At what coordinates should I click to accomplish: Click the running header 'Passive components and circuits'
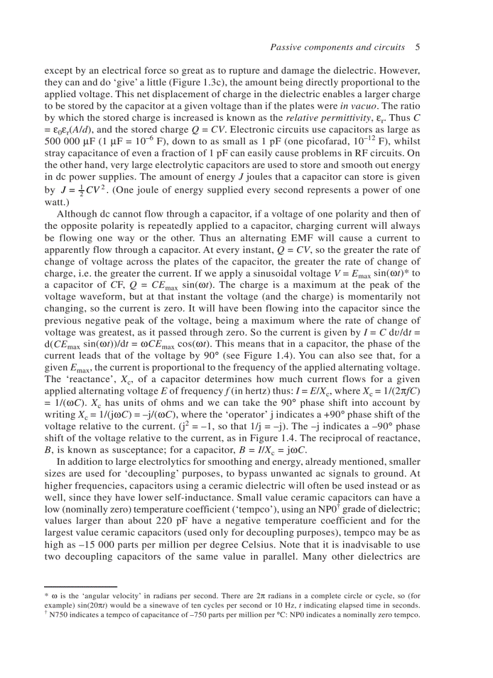(337, 47)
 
